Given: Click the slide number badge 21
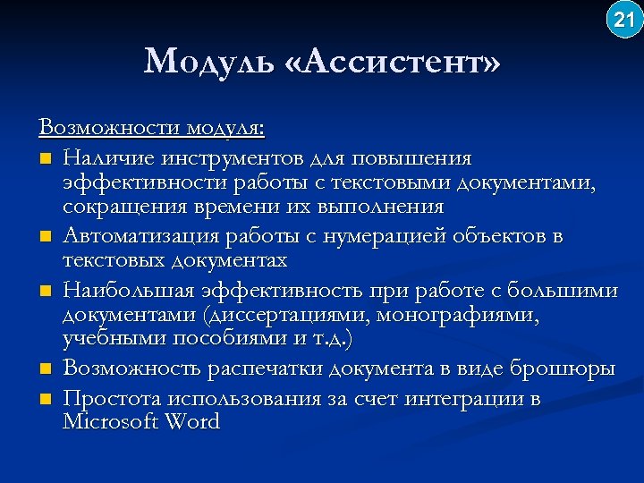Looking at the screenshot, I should click(x=623, y=20).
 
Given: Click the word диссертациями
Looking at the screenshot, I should click(x=286, y=315).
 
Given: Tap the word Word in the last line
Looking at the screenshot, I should click(x=191, y=422).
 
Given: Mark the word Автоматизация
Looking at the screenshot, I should click(x=138, y=237).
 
